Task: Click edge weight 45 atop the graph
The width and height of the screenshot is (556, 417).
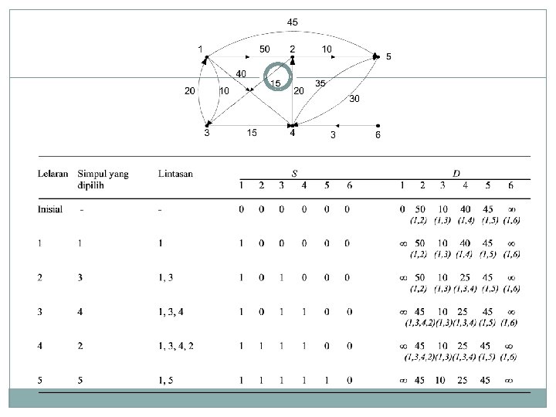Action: pos(293,22)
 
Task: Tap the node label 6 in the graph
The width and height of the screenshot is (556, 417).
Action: pos(377,134)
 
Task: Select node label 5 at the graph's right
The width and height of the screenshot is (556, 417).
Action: pos(388,56)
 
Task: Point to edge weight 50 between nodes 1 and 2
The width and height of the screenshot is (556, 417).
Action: pos(264,49)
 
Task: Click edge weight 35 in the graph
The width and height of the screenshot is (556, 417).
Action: pos(320,83)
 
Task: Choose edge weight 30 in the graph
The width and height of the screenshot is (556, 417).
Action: pos(354,99)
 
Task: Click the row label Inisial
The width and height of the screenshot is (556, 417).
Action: pos(51,208)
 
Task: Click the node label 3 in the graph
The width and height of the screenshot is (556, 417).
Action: pos(206,134)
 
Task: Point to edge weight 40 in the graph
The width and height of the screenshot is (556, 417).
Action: pos(241,73)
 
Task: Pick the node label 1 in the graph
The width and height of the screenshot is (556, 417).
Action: pos(201,49)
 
